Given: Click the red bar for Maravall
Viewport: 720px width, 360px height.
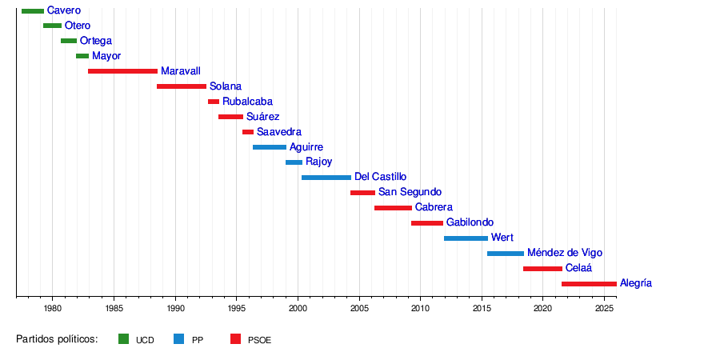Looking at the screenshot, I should (122, 71).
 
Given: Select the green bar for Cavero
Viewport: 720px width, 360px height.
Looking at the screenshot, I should (33, 10).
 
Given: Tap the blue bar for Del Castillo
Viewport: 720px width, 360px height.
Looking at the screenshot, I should (326, 177).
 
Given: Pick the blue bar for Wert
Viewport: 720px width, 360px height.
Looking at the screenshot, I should (466, 238).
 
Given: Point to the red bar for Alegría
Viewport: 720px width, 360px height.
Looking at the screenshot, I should (589, 283).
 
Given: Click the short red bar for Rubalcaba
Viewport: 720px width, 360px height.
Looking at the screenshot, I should (214, 102).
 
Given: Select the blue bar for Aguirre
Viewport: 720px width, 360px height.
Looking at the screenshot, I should (270, 147).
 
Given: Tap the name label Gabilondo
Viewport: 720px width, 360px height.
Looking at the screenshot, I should (470, 222).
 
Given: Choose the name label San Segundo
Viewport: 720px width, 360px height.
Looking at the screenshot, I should (410, 192).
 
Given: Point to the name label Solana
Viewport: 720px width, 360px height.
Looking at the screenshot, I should (226, 86).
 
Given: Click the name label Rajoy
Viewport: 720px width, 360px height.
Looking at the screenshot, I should (318, 162).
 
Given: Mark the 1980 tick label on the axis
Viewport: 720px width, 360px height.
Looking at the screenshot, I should (52, 308).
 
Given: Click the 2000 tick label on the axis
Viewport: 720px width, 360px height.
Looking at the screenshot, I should (298, 308).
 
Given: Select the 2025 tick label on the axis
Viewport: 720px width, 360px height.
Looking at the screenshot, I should (605, 308).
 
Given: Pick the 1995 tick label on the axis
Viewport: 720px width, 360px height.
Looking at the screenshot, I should (236, 308).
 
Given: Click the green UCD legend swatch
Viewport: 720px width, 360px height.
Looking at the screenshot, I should (123, 339).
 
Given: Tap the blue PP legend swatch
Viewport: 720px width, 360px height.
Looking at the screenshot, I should (179, 339).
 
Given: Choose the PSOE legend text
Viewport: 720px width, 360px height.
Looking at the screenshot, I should (259, 340).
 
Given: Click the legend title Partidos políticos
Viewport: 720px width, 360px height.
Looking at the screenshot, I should (57, 339).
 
